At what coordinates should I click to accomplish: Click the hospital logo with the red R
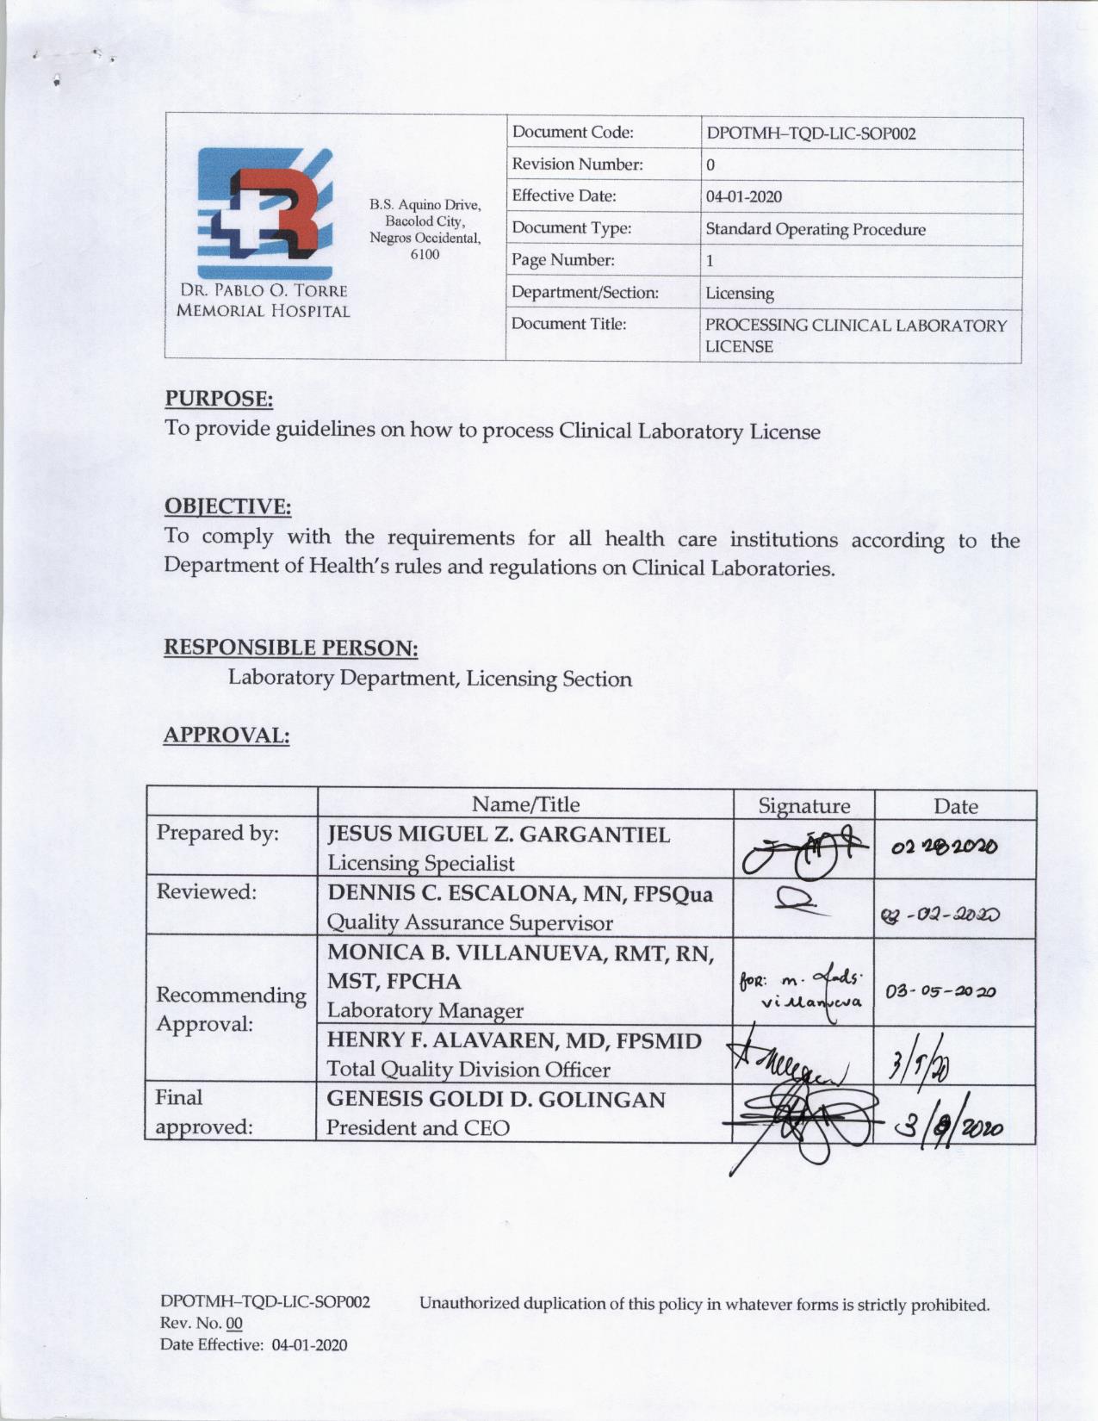point(264,212)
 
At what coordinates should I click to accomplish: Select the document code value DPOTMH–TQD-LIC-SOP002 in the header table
point(810,133)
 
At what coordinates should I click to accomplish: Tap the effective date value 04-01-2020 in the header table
point(744,196)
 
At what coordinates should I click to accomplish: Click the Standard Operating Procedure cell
point(816,229)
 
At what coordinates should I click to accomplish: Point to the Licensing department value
point(740,293)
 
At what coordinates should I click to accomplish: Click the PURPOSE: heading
point(219,399)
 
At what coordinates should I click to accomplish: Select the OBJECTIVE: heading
point(227,506)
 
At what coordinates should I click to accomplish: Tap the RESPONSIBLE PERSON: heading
point(291,647)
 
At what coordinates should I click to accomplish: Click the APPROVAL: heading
point(226,735)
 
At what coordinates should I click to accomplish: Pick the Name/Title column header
point(525,804)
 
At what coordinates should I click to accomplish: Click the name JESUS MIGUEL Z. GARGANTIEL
point(499,834)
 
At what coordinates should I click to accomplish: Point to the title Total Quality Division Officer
point(468,1069)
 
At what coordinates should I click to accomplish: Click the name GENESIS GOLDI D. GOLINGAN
point(496,1100)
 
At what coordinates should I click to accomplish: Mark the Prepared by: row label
point(217,833)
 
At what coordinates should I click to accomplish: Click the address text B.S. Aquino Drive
point(425,205)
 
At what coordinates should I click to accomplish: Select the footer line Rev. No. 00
point(202,1322)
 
